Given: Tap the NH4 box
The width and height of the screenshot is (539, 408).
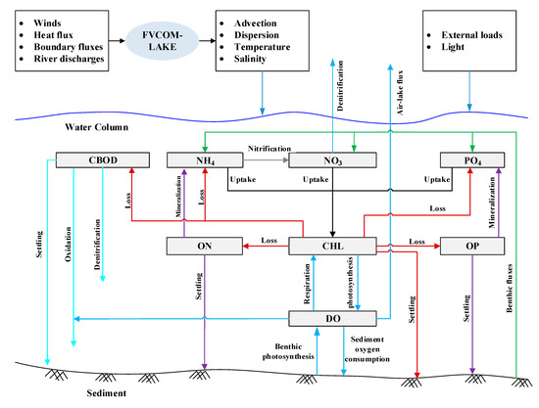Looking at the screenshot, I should click(205, 159).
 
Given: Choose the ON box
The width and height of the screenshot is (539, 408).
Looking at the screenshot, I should click(205, 245).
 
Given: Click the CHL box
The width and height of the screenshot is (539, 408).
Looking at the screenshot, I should click(332, 245).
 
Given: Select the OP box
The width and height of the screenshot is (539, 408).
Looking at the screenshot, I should click(473, 245).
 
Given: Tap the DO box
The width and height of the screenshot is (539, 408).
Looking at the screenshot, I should click(332, 317).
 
